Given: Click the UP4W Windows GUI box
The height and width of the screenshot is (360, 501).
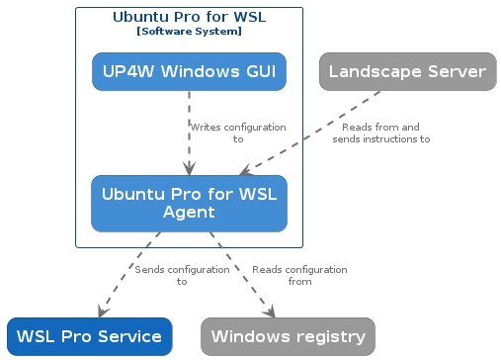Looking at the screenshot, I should pyautogui.click(x=189, y=71).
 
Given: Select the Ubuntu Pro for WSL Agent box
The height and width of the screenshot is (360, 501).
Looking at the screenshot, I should pyautogui.click(x=189, y=203).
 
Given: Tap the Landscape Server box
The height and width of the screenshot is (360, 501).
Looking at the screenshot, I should pyautogui.click(x=407, y=71).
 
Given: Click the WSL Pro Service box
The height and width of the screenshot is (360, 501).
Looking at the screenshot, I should pyautogui.click(x=89, y=336).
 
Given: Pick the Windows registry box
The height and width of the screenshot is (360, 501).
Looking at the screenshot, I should pyautogui.click(x=288, y=336).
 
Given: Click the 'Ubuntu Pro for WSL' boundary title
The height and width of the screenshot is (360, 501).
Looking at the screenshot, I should pyautogui.click(x=189, y=17).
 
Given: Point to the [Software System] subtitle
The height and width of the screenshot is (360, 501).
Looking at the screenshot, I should pyautogui.click(x=189, y=32).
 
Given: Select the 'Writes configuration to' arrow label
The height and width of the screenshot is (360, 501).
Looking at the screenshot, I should pyautogui.click(x=237, y=134).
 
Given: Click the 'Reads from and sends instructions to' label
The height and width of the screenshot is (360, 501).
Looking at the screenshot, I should pyautogui.click(x=380, y=134).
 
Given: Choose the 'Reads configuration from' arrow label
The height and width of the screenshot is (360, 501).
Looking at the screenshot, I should pyautogui.click(x=299, y=275).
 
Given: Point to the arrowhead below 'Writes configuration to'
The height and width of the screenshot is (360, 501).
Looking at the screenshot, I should pyautogui.click(x=189, y=169).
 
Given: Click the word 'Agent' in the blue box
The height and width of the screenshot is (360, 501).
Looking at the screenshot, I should pyautogui.click(x=189, y=213).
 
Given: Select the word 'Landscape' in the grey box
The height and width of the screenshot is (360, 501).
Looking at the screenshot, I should pyautogui.click(x=376, y=71).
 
